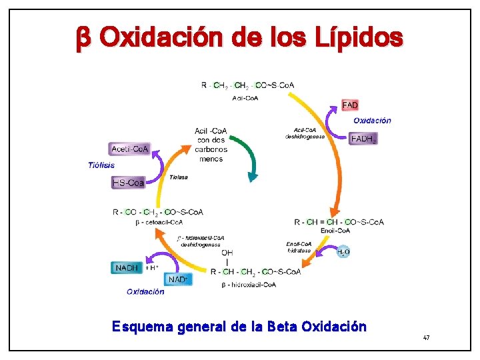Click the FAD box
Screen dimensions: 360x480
coord(350,105)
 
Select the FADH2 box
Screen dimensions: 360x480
coord(363,139)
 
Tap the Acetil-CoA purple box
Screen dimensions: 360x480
coord(130,149)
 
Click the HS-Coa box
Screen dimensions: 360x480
coord(128,182)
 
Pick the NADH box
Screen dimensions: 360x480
coord(127,268)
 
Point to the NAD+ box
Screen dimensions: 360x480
coord(177,279)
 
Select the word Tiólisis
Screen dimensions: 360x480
coord(101,165)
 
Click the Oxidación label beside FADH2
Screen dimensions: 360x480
coord(372,121)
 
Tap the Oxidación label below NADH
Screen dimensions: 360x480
coord(145,291)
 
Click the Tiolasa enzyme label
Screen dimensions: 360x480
coord(178,177)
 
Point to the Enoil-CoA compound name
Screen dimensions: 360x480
coord(335,231)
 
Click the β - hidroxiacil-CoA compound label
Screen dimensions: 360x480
coord(249,285)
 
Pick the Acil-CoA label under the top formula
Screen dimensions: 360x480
coord(246,98)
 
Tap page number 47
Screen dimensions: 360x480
coord(426,339)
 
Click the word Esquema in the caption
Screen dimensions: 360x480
coord(137,327)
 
